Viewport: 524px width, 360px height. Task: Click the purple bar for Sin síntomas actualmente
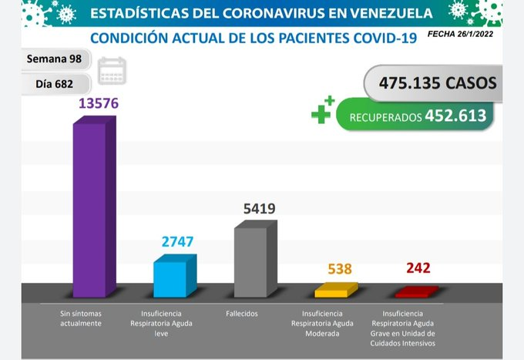point(95,207)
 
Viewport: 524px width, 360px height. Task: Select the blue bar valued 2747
point(175,276)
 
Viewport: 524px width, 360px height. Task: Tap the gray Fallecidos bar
point(256,259)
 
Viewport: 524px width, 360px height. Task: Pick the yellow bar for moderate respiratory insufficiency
point(336,290)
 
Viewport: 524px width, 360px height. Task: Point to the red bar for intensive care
point(417,292)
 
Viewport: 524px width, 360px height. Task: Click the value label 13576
point(99,103)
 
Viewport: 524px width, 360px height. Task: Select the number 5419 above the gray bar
point(260,209)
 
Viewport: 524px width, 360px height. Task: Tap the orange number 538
point(340,269)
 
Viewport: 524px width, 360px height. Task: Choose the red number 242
point(418,267)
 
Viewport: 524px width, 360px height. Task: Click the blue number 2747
point(177,242)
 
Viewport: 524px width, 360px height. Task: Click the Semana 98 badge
point(55,59)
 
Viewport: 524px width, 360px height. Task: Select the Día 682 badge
point(55,84)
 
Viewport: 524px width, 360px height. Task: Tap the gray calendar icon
point(112,71)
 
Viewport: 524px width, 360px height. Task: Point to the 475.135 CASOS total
point(438,83)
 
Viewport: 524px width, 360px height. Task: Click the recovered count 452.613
point(455,116)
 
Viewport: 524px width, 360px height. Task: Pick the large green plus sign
point(321,114)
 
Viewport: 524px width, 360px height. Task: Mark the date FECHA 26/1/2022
point(460,34)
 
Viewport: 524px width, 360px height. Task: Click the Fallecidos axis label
point(242,314)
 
